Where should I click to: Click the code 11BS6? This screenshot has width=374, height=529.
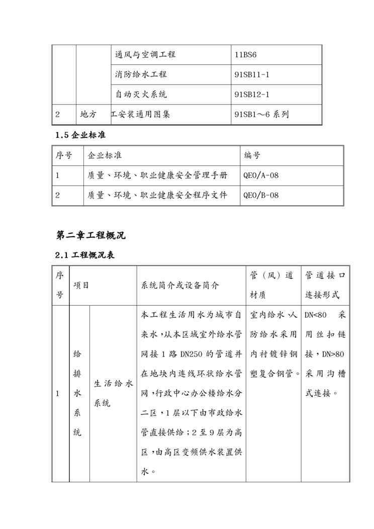246,55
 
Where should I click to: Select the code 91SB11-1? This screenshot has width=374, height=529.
252,75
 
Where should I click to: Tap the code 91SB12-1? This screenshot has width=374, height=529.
252,95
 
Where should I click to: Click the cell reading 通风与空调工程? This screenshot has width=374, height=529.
145,55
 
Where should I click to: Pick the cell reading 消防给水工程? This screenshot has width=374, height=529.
141,75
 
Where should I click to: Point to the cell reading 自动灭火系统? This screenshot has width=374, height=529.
141,95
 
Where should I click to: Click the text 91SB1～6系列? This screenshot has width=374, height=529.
261,115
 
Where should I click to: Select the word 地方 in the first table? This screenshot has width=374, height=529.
88,115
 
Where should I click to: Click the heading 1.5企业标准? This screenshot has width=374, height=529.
80,135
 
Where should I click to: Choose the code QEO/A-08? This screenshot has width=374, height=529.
260,175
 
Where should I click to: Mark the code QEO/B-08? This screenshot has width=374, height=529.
260,195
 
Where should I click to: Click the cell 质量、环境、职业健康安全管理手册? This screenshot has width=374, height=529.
157,175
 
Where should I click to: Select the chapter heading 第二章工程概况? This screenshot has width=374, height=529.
90,235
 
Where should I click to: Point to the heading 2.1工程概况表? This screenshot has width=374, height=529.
85,255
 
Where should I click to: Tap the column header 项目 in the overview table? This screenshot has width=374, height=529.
81,285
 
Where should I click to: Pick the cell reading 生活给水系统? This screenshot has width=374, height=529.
113,393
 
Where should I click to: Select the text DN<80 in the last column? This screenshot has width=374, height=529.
316,315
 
